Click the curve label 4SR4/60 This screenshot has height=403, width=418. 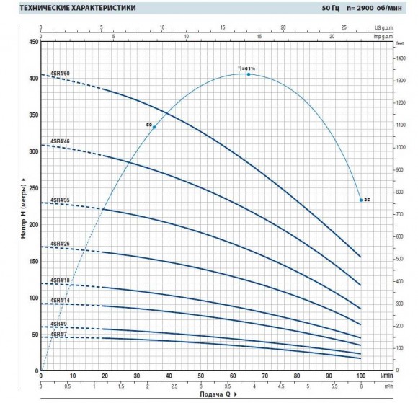click(60, 74)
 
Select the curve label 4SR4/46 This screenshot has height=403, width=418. click(60, 141)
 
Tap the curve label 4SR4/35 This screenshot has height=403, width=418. click(60, 199)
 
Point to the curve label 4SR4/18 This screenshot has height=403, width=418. click(60, 280)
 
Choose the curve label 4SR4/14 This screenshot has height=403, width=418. click(60, 299)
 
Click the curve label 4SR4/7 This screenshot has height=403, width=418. click(58, 335)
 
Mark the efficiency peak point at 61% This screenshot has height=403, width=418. click(249, 74)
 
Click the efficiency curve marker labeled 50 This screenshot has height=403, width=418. click(154, 127)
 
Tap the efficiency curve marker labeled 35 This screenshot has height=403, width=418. click(360, 200)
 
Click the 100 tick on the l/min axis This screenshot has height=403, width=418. click(360, 376)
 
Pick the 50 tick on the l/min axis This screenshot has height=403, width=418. click(200, 376)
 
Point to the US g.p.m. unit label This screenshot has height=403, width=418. click(388, 26)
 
